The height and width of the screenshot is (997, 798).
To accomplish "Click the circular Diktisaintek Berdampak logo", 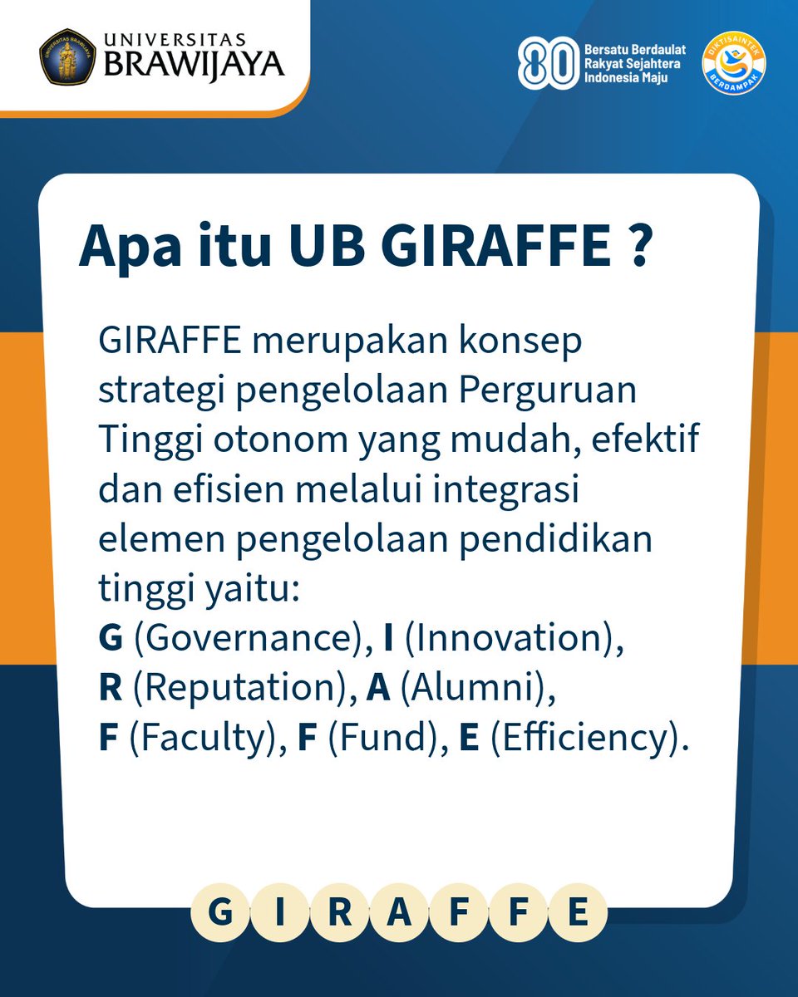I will [735, 62].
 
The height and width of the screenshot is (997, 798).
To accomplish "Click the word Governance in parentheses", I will [244, 640].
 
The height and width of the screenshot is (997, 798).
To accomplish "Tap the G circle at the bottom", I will [220, 913].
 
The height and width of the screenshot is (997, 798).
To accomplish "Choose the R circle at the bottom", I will [341, 913].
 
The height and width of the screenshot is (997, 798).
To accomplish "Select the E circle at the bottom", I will [579, 913].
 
